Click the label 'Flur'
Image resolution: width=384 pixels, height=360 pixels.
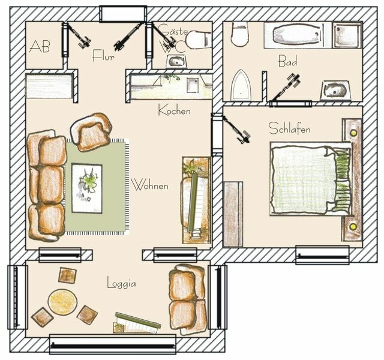(103, 56)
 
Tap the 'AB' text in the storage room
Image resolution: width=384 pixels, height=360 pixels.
(40, 46)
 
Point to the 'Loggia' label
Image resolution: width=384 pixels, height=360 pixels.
(121, 282)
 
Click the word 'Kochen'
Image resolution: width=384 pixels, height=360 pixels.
(174, 110)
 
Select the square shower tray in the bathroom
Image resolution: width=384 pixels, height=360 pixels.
(347, 35)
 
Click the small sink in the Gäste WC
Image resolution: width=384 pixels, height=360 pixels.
(176, 61)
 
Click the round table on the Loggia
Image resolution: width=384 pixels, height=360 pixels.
(62, 302)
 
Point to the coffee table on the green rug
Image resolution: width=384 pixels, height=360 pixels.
(87, 188)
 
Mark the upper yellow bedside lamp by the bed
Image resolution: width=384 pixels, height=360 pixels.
(353, 132)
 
